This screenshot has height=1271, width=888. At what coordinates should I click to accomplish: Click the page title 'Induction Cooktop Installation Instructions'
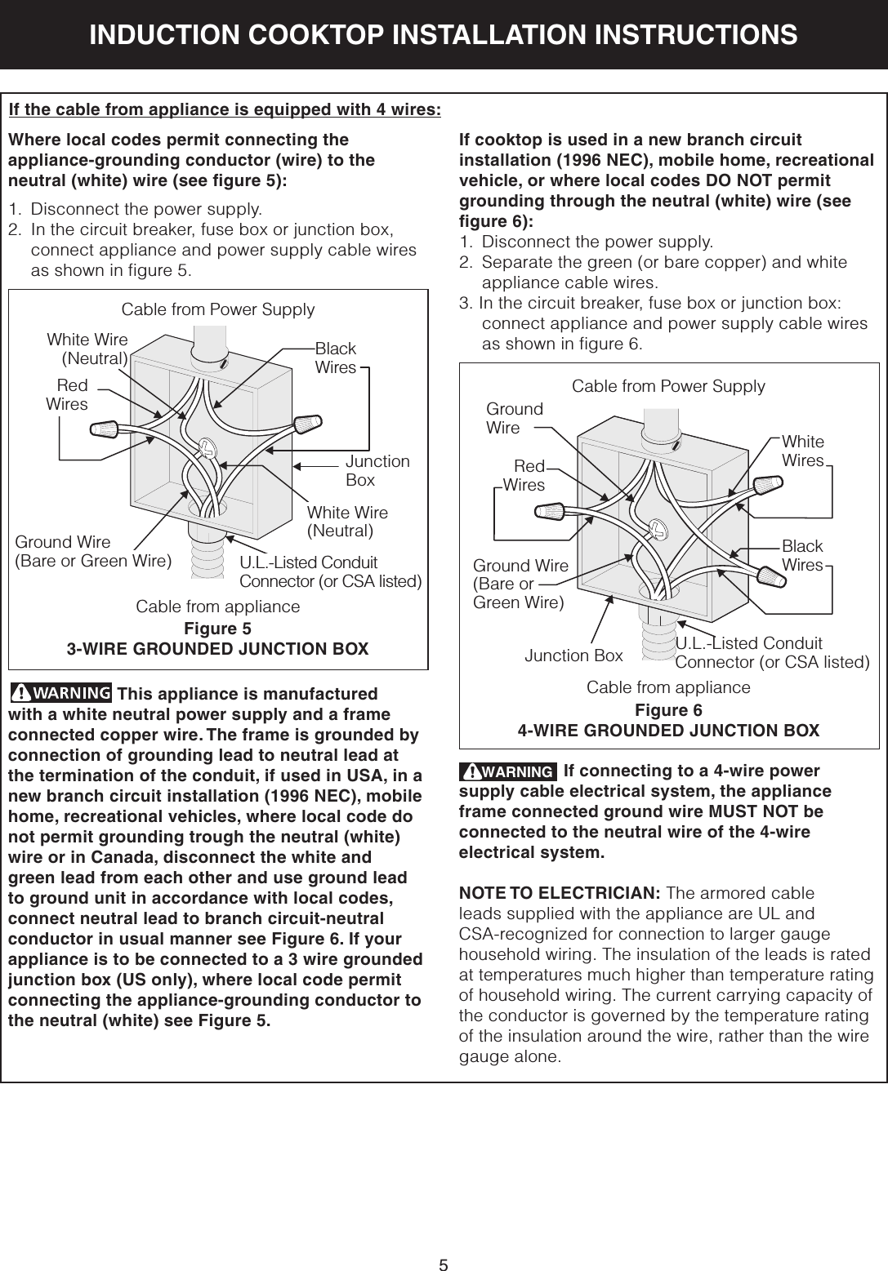(444, 34)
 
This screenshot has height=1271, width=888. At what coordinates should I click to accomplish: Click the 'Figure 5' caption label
(217, 629)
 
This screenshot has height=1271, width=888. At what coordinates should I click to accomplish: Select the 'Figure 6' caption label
(668, 709)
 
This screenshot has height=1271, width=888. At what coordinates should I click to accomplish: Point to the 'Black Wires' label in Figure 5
(336, 358)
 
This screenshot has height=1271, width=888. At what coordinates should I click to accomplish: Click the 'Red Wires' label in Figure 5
(67, 394)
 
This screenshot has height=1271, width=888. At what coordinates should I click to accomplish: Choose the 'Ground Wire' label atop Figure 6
(514, 418)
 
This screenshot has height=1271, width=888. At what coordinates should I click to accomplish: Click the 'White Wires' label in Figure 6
(803, 451)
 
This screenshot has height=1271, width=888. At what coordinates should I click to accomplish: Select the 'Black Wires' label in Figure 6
(802, 555)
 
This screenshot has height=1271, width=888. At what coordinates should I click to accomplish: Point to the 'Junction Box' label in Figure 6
(573, 655)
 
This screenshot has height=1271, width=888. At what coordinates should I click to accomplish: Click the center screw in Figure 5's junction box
(207, 446)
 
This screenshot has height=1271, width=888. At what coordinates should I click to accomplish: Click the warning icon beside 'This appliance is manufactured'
(61, 694)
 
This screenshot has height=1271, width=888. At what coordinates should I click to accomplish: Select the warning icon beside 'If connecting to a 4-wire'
(507, 771)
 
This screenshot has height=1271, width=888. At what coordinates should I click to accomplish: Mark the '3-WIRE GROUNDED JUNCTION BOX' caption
(217, 649)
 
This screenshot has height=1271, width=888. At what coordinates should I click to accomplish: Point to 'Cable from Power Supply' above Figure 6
(668, 385)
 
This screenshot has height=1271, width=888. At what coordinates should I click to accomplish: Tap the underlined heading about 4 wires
(225, 110)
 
